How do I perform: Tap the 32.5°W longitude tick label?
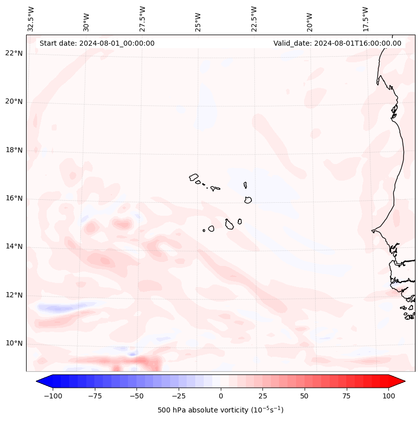(31, 19)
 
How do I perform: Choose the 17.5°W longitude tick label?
(365, 19)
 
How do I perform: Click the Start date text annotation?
(97, 43)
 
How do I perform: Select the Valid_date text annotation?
(337, 43)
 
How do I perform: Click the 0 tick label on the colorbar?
(221, 396)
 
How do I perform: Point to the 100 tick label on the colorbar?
(388, 396)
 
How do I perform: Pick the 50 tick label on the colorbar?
(305, 396)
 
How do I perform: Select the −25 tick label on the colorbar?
(179, 396)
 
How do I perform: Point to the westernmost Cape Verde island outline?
(194, 177)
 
